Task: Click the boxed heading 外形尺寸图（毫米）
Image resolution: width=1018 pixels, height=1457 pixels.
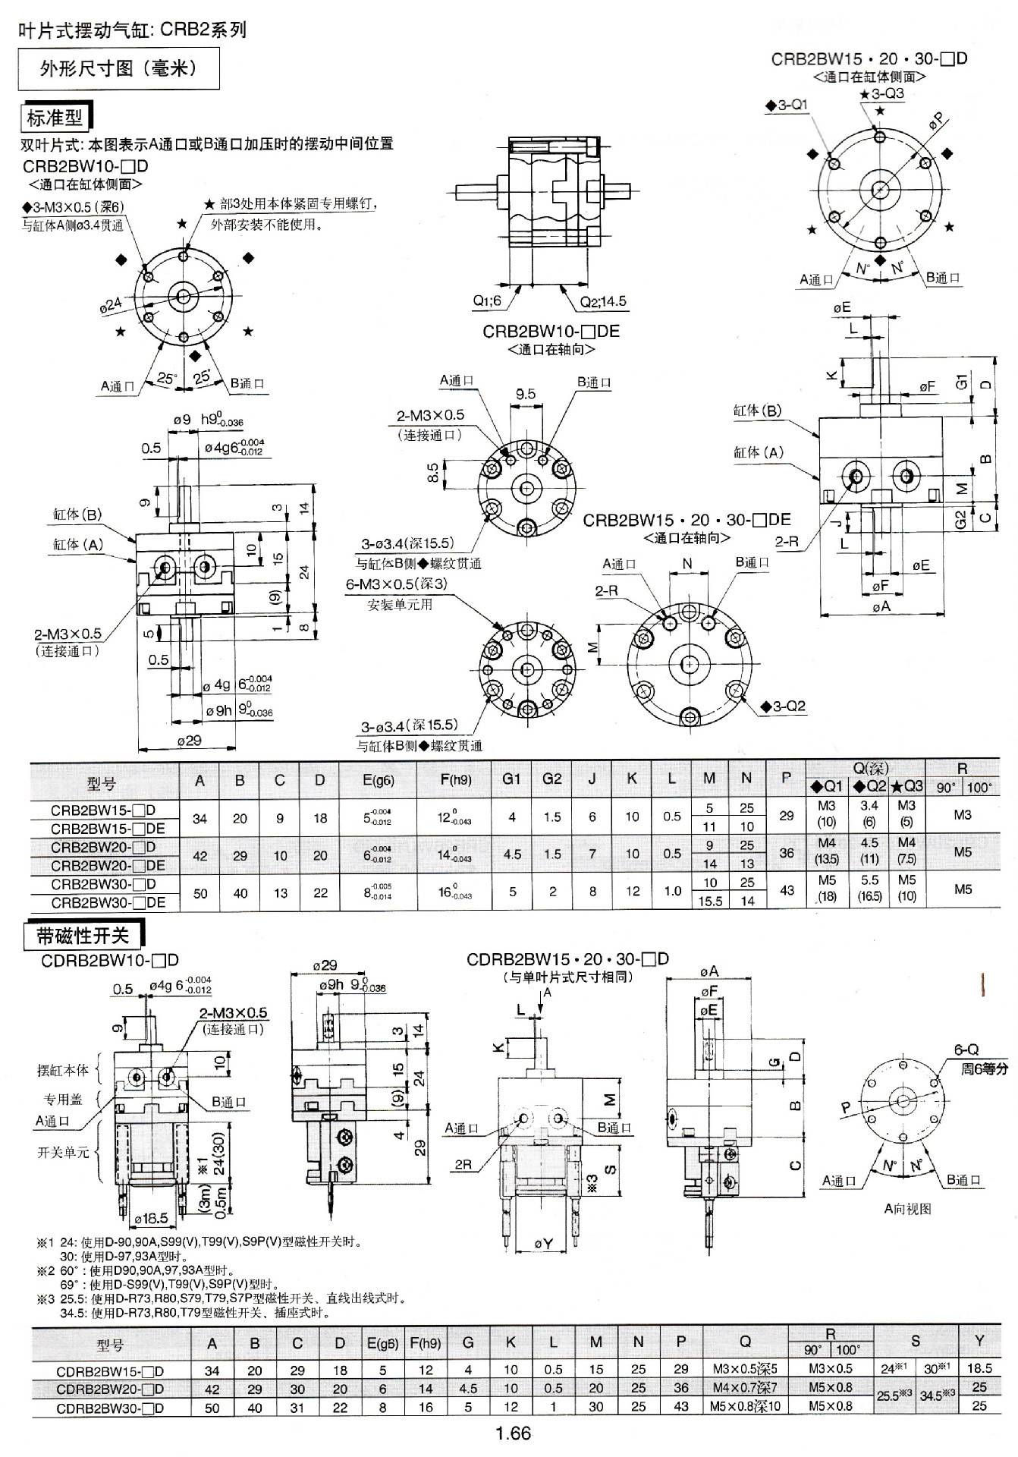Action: tap(118, 69)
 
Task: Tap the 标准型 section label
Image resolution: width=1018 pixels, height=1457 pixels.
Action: tap(55, 118)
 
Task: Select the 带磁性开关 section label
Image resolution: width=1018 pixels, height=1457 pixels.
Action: tap(83, 936)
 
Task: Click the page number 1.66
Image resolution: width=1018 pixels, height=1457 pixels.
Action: tap(513, 1433)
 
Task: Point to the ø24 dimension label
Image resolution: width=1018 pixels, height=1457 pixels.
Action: tap(111, 305)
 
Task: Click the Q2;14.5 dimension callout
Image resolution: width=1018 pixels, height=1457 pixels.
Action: tap(603, 301)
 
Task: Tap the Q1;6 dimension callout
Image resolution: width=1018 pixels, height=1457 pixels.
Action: tap(487, 301)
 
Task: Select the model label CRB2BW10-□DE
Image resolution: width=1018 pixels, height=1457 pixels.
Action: tap(551, 332)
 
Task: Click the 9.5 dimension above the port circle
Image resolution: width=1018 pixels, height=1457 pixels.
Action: tap(526, 394)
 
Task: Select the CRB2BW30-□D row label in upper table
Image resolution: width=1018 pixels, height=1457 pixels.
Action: tap(103, 884)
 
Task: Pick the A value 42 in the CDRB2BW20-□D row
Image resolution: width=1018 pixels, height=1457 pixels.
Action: tap(212, 1389)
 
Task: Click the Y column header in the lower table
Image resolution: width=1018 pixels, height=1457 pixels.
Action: tap(979, 1341)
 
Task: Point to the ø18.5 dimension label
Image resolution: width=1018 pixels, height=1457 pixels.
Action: tap(151, 1218)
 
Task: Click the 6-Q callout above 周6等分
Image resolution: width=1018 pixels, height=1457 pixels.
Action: tap(966, 1049)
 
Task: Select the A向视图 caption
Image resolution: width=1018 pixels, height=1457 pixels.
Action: tap(907, 1209)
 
